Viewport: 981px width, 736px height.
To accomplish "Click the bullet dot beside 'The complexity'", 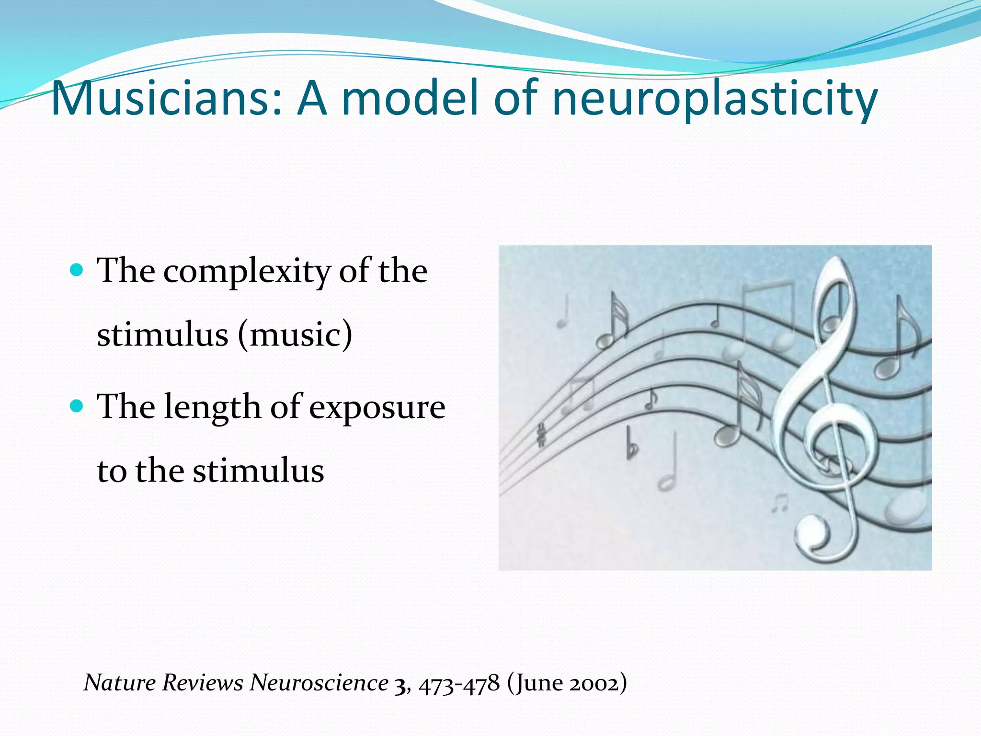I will point(77,270).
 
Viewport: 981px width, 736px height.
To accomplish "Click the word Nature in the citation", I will point(120,682).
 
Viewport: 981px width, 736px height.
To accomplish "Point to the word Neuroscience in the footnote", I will point(319,682).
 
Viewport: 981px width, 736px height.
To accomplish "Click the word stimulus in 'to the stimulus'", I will point(259,471).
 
